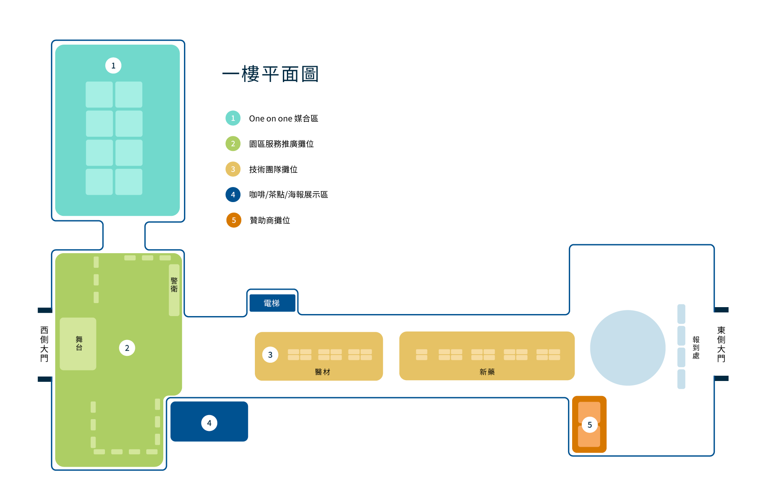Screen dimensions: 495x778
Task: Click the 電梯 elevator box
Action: [272, 303]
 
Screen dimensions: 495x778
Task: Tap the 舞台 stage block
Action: [78, 344]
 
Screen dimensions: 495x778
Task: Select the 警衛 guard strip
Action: [174, 290]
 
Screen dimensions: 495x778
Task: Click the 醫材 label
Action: [323, 372]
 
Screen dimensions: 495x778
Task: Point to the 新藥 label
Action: [487, 372]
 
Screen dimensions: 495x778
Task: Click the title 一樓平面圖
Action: [271, 74]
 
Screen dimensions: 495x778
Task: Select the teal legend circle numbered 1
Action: [233, 118]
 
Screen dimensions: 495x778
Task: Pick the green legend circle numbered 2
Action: [233, 144]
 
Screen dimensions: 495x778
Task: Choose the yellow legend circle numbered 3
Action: [233, 169]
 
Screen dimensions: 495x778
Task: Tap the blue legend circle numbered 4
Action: [233, 195]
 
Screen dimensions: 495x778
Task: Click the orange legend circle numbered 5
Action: [234, 220]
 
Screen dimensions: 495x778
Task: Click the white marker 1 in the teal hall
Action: [113, 66]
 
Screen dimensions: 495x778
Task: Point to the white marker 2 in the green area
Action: [127, 348]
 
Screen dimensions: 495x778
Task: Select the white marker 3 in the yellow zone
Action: [270, 355]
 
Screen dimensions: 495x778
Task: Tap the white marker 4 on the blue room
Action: [209, 423]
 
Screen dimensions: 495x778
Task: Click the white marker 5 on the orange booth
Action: [590, 425]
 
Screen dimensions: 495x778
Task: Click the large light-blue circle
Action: [627, 348]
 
